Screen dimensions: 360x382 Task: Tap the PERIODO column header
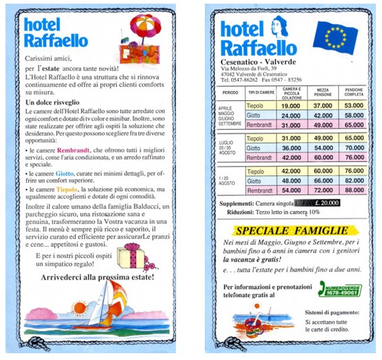click(230, 92)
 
